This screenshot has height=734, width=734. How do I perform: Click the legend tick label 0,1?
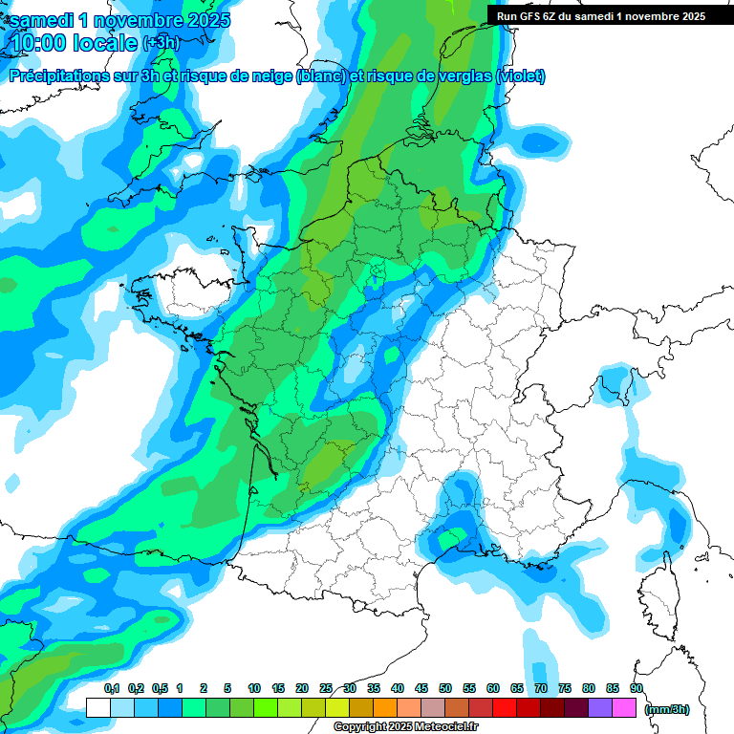tap(112, 689)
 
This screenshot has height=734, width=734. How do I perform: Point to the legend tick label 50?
tap(445, 689)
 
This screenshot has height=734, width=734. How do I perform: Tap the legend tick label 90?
tap(637, 689)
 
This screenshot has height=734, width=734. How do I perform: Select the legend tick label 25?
tap(326, 689)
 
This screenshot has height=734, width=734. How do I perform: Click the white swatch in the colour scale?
tap(97, 707)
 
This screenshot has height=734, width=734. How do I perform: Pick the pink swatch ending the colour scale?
tap(624, 707)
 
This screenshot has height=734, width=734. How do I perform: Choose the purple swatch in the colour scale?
tap(600, 707)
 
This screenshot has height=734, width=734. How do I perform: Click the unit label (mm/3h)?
tap(667, 708)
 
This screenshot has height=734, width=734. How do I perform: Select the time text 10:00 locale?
tap(74, 43)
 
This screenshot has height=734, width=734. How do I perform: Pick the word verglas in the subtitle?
tap(463, 76)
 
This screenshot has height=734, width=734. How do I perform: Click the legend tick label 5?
tap(227, 689)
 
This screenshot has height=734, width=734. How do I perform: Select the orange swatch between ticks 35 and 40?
tap(385, 707)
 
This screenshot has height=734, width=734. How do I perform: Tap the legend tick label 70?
tap(541, 689)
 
